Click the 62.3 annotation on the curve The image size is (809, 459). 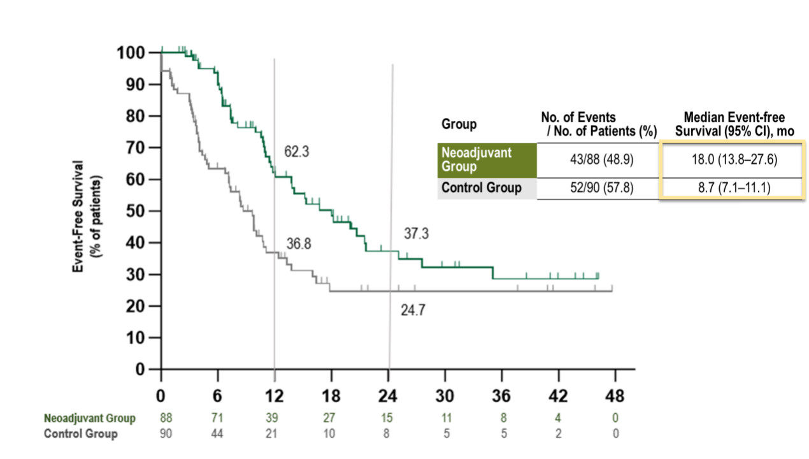(297, 152)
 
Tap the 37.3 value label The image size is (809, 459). (416, 234)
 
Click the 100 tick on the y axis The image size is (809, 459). (131, 52)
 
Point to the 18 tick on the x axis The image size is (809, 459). (331, 396)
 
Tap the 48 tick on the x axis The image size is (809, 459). (615, 396)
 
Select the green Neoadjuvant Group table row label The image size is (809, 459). (487, 159)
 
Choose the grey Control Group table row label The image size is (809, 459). (487, 188)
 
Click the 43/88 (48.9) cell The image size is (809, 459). (601, 159)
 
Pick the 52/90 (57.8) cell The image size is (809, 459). (601, 188)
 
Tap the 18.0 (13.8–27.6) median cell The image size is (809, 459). (734, 159)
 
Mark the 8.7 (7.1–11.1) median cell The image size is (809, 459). (734, 188)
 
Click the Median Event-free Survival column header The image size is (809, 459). (734, 123)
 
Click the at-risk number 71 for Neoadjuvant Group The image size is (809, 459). (218, 418)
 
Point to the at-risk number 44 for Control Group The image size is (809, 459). (218, 434)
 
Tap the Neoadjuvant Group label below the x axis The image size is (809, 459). (90, 418)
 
